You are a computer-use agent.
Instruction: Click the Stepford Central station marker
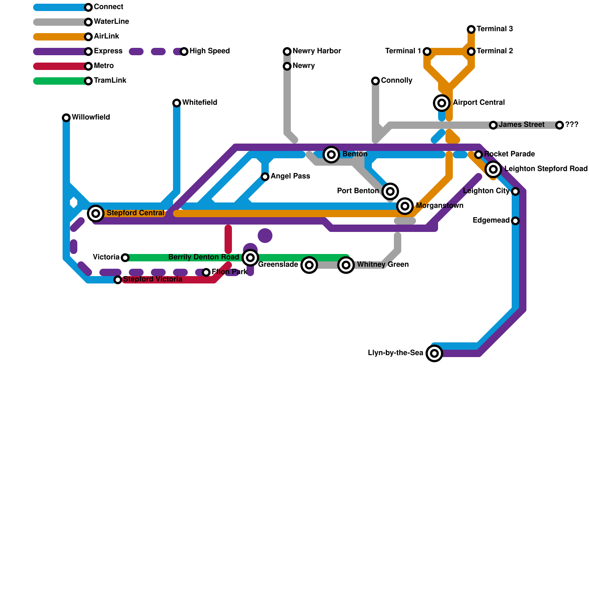(96, 213)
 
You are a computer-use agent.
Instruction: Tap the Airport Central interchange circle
(442, 103)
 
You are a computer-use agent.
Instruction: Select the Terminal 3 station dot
(471, 29)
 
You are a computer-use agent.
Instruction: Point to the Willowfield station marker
(66, 118)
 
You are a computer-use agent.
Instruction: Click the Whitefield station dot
(177, 103)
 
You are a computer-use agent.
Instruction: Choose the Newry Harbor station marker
(287, 52)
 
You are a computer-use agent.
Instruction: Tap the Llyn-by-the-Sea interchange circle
(434, 353)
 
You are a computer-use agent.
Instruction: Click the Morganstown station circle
(405, 206)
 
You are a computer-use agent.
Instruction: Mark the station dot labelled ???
(560, 125)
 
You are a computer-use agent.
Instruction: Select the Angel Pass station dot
(265, 177)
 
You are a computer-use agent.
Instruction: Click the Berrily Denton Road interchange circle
(250, 258)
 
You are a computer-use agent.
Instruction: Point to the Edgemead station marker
(515, 221)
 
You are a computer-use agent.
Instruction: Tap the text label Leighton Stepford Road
(546, 169)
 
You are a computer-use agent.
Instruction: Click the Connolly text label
(396, 80)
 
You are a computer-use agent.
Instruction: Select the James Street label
(522, 125)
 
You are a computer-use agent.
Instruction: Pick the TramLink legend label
(110, 80)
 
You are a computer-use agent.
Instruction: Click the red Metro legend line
(61, 66)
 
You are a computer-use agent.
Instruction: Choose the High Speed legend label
(210, 51)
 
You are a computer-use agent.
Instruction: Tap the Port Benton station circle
(390, 191)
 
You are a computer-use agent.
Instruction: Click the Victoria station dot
(125, 258)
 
